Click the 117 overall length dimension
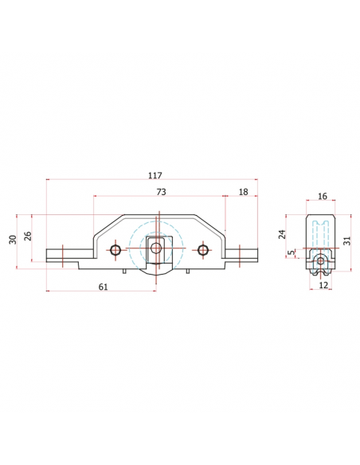[155, 175]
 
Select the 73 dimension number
[161, 192]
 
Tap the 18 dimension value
[243, 192]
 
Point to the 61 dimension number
[103, 287]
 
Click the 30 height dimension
[13, 240]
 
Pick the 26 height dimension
[28, 236]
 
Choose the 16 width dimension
[322, 197]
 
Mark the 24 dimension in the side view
[283, 234]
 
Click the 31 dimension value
[347, 240]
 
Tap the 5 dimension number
[292, 252]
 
